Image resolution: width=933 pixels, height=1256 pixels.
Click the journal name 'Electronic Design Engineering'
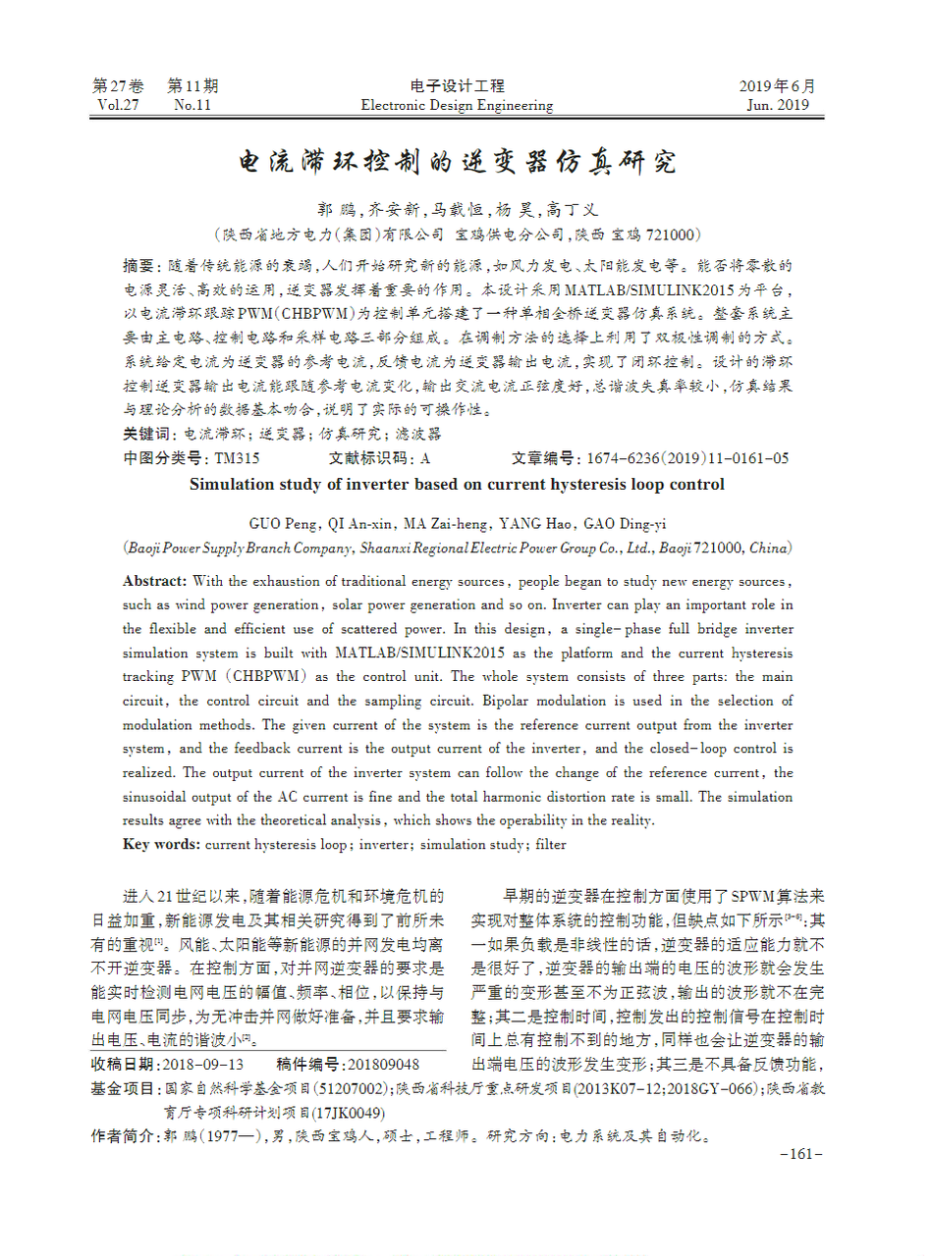click(x=457, y=105)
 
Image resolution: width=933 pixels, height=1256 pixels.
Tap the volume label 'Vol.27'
click(x=118, y=105)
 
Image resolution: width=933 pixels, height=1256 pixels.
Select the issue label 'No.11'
click(x=192, y=105)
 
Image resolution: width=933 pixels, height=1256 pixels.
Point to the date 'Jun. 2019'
click(x=778, y=105)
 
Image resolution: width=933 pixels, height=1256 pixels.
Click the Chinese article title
click(x=459, y=162)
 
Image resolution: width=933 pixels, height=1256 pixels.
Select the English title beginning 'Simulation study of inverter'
click(x=457, y=484)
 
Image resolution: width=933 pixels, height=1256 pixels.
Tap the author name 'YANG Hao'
click(x=530, y=523)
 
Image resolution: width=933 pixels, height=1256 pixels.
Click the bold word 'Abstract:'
click(x=156, y=581)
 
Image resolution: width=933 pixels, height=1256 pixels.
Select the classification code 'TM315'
click(x=238, y=458)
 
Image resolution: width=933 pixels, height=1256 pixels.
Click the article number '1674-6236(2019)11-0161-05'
click(x=687, y=458)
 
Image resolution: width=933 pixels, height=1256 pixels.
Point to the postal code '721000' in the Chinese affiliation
click(x=669, y=235)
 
